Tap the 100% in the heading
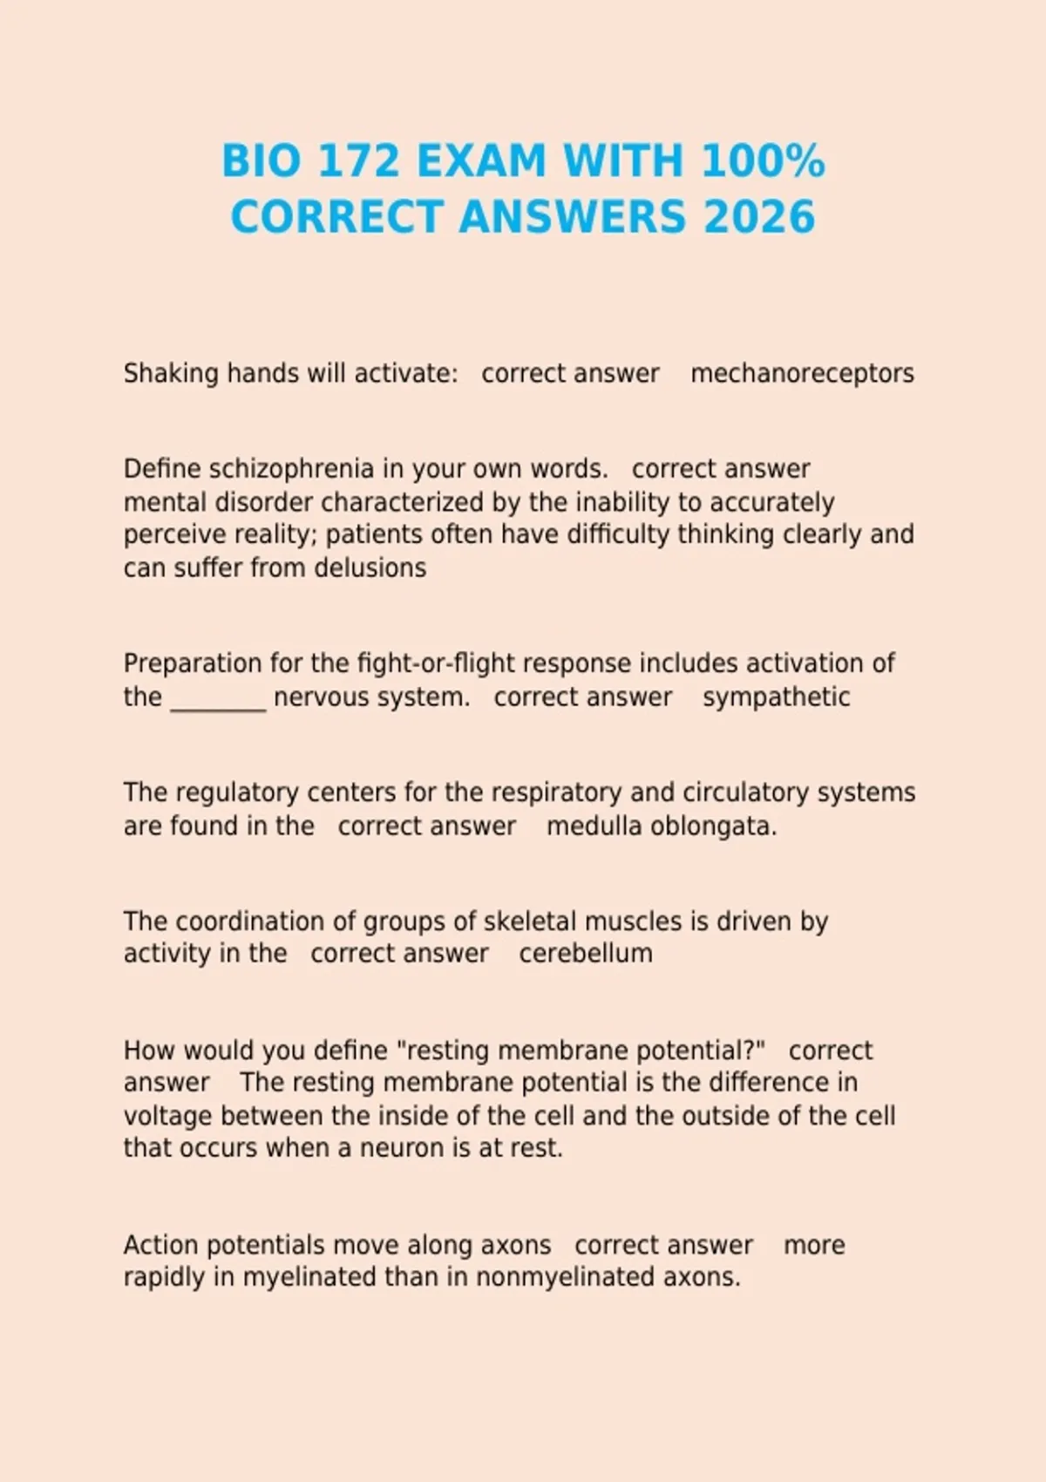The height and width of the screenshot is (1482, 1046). click(762, 161)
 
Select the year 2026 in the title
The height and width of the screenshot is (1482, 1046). click(758, 217)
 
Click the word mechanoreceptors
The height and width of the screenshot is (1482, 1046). click(802, 374)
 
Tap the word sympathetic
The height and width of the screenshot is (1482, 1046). click(776, 697)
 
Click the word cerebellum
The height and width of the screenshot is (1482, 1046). click(586, 954)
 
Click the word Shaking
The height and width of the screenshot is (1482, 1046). click(171, 374)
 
